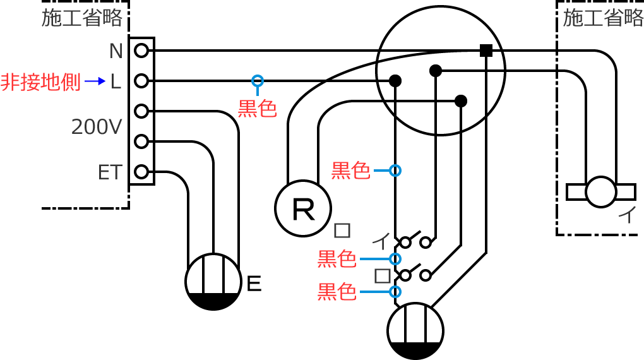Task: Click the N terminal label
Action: point(116,51)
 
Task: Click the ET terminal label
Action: point(109,172)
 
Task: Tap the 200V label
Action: point(96,128)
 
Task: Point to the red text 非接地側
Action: point(40,82)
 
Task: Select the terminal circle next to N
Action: point(141,51)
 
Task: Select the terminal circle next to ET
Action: point(141,171)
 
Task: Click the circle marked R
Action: point(303,209)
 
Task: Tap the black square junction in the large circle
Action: point(486,51)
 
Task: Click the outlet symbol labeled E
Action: point(213,282)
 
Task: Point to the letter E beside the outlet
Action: point(253,284)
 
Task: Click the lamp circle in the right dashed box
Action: point(600,191)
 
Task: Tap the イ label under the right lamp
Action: point(627,215)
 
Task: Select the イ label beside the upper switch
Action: point(381,240)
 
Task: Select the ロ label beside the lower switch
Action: point(382,276)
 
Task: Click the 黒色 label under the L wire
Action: point(257,109)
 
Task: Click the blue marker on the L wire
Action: point(257,81)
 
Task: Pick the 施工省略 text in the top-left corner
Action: point(82,18)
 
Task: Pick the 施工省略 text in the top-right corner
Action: point(603,18)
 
